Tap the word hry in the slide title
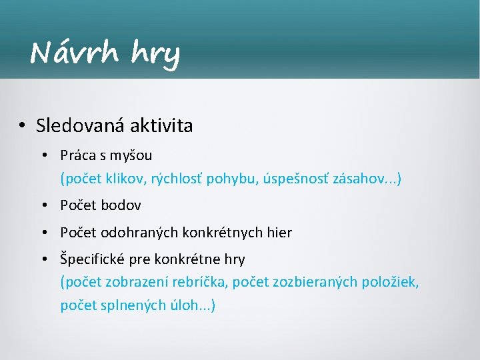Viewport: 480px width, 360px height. point(156,53)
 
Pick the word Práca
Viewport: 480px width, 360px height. point(78,155)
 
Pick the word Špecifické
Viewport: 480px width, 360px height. point(95,259)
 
